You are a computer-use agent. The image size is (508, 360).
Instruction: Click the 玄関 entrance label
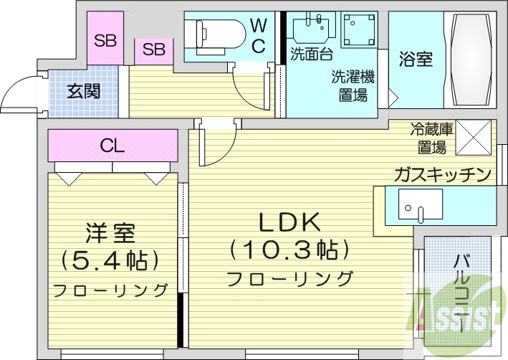pyautogui.click(x=84, y=91)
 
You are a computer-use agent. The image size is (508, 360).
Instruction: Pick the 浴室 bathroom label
pyautogui.click(x=416, y=60)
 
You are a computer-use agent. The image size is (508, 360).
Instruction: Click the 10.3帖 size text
pyautogui.click(x=289, y=251)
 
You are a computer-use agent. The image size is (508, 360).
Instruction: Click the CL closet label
pyautogui.click(x=112, y=146)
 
